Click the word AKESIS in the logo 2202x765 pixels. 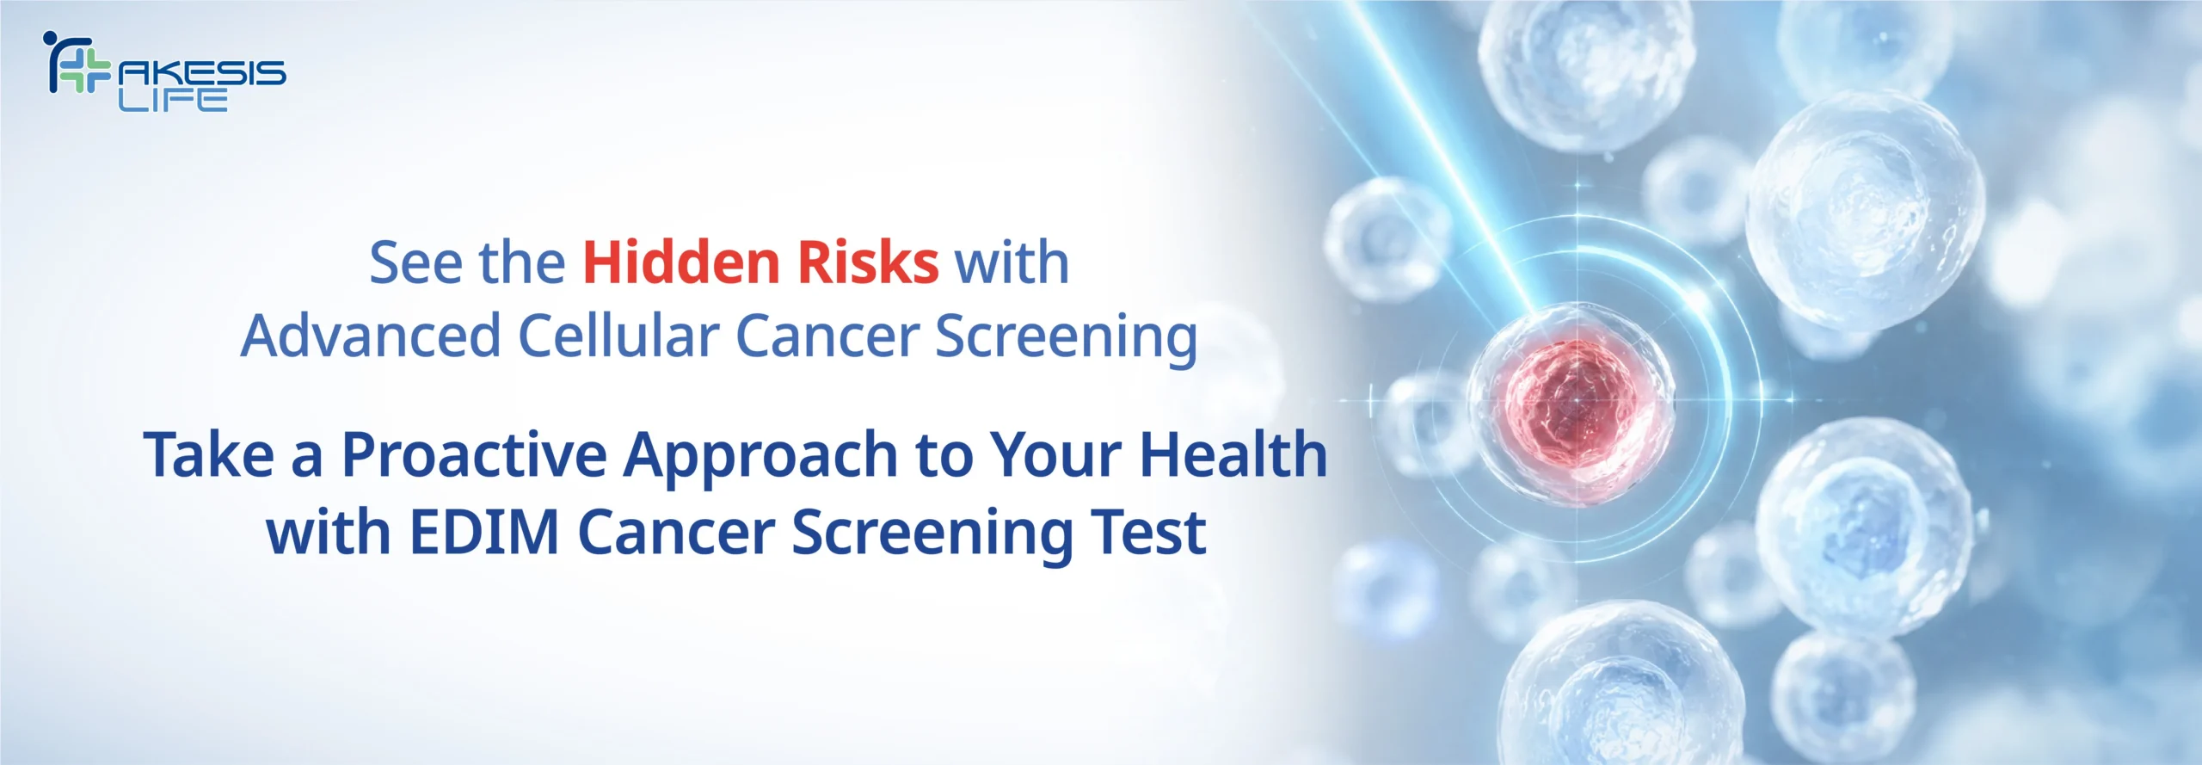coord(202,72)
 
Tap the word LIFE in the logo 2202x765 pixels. coord(173,99)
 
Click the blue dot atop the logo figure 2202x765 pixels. coord(49,38)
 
